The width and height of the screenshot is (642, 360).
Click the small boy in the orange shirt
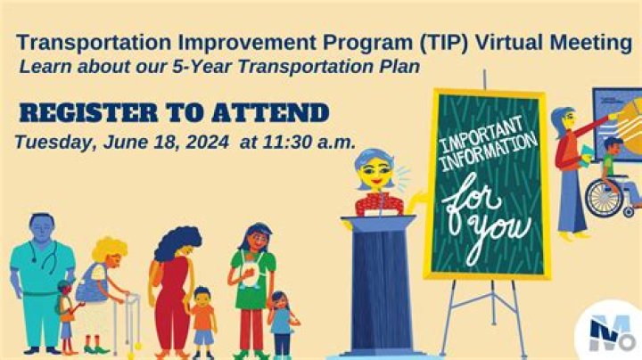point(202,319)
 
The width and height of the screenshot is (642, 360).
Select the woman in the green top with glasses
point(253,272)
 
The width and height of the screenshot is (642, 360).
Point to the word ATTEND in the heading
point(267,113)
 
